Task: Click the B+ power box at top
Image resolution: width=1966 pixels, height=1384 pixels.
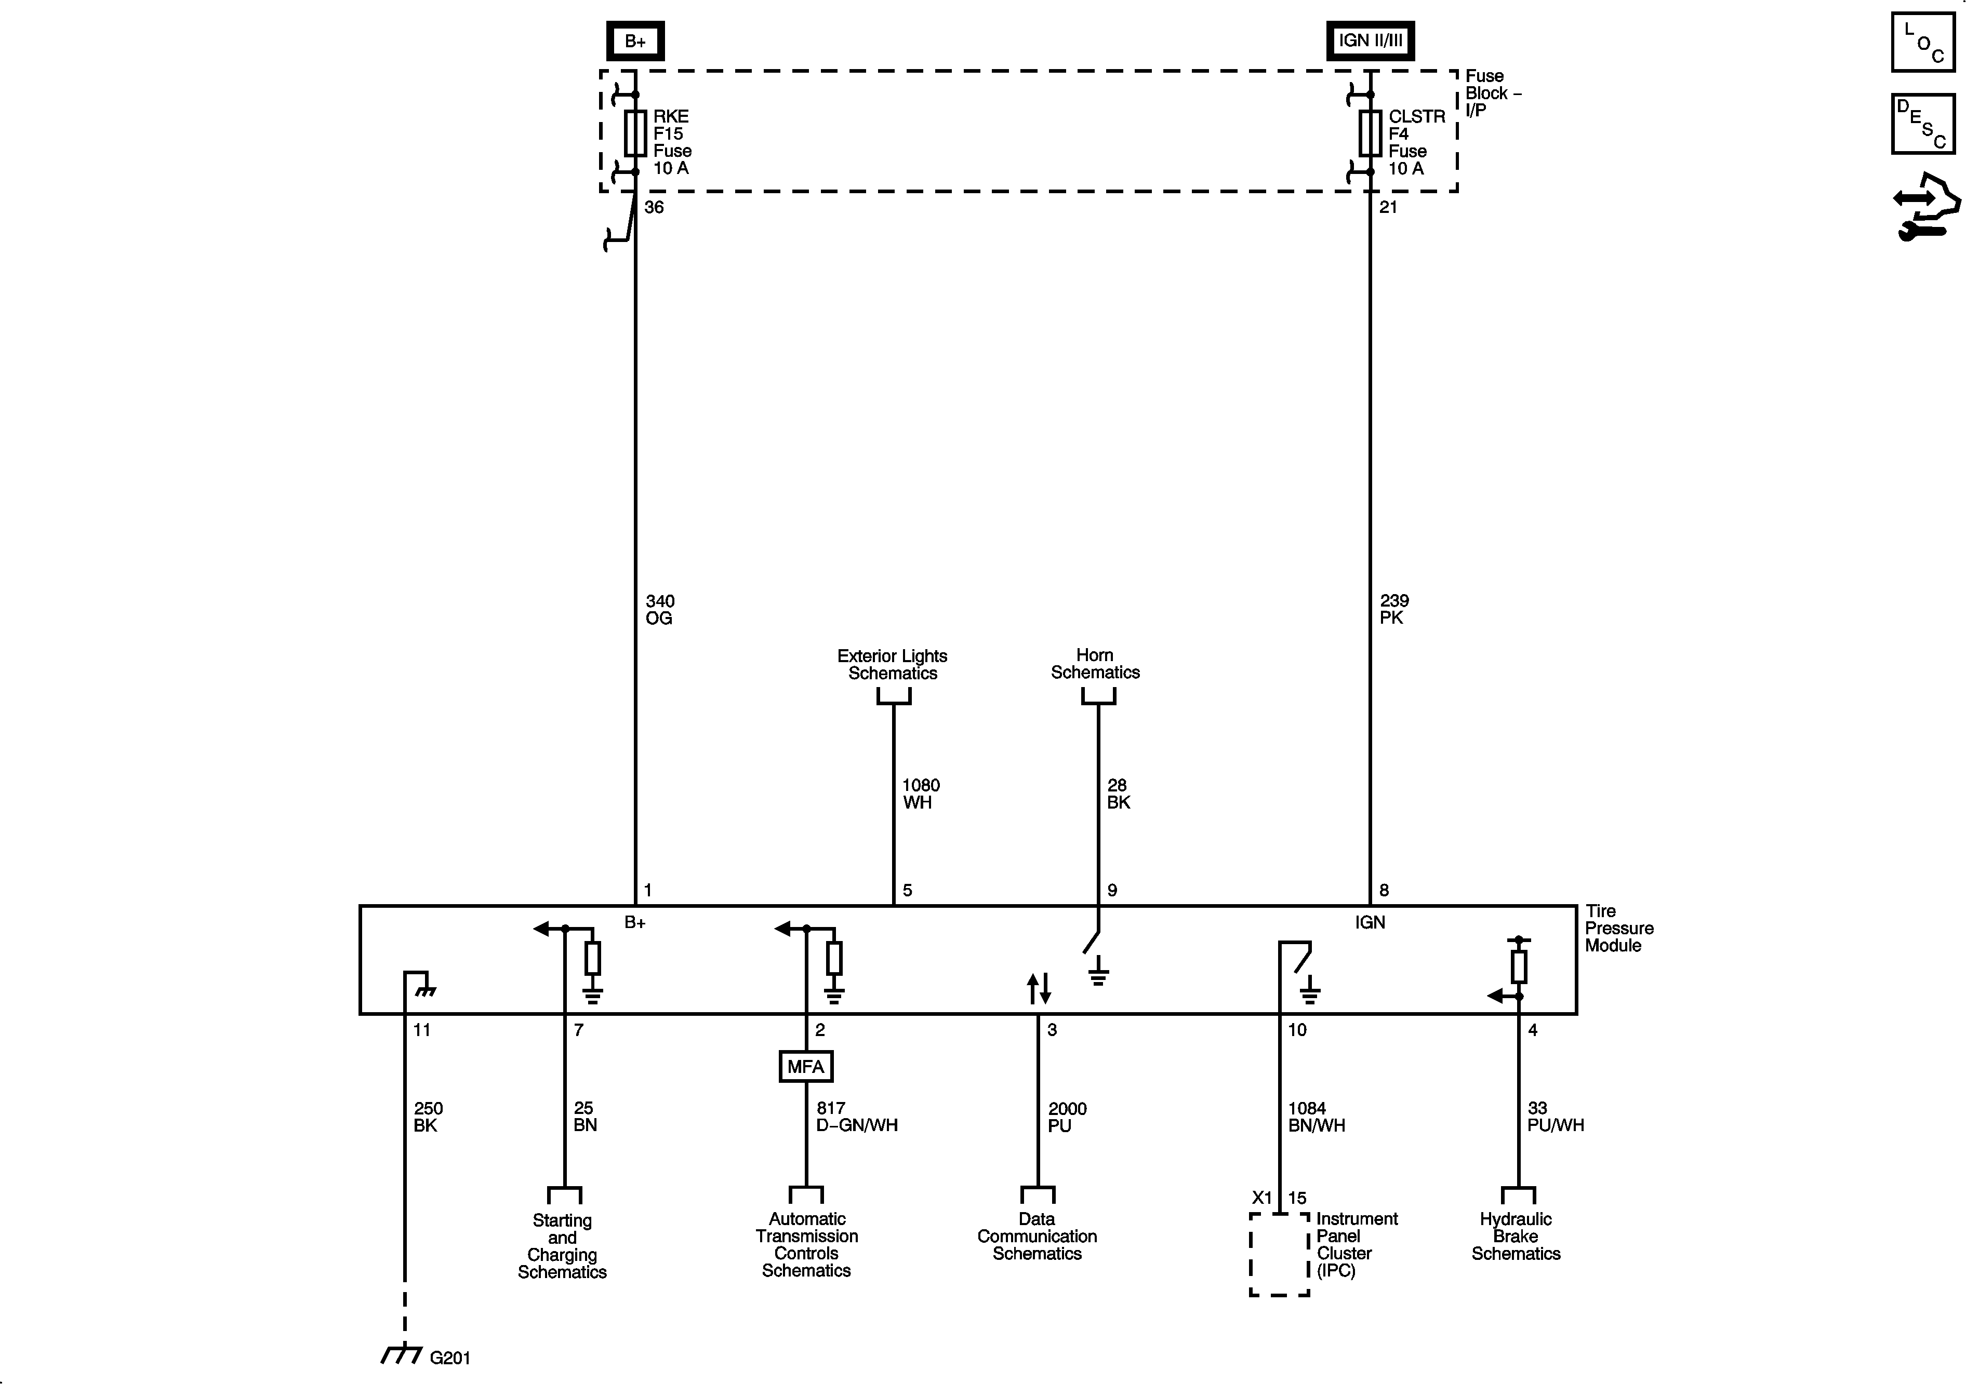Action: (x=634, y=40)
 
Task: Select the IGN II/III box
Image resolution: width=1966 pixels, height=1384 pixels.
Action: (x=1370, y=40)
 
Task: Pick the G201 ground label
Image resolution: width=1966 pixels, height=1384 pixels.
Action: (x=449, y=1358)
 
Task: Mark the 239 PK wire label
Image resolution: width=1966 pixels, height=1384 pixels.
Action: (x=1394, y=609)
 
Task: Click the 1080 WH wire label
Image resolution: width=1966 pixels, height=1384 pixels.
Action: (x=921, y=794)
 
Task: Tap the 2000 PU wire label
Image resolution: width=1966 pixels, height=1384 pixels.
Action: (x=1067, y=1117)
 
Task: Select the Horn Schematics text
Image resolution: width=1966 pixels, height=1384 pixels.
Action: (x=1095, y=664)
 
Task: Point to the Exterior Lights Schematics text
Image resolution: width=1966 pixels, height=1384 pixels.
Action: (x=892, y=664)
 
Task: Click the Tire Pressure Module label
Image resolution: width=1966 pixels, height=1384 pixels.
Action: (x=1618, y=929)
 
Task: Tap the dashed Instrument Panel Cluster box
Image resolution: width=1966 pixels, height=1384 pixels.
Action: (x=1279, y=1254)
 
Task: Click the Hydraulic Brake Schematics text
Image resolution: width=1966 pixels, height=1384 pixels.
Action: (x=1516, y=1236)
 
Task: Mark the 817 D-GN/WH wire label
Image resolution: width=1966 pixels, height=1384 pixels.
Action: (x=856, y=1117)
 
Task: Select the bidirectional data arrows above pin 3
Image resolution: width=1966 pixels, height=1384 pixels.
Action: (x=1039, y=989)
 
